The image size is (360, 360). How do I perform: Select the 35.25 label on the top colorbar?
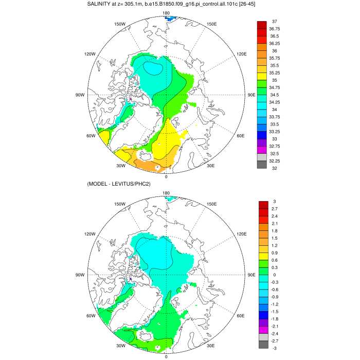click(275, 73)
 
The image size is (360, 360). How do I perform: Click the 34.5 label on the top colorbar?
click(274, 95)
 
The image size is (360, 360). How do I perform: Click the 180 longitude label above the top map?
click(166, 13)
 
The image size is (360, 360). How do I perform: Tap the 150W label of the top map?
click(120, 24)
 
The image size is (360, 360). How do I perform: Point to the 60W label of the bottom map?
click(91, 316)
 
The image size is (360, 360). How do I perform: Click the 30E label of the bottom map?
click(211, 346)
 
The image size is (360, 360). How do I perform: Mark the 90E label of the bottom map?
click(252, 275)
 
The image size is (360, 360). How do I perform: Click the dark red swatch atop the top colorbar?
click(261, 25)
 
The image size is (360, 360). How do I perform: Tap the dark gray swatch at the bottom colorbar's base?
click(261, 345)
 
